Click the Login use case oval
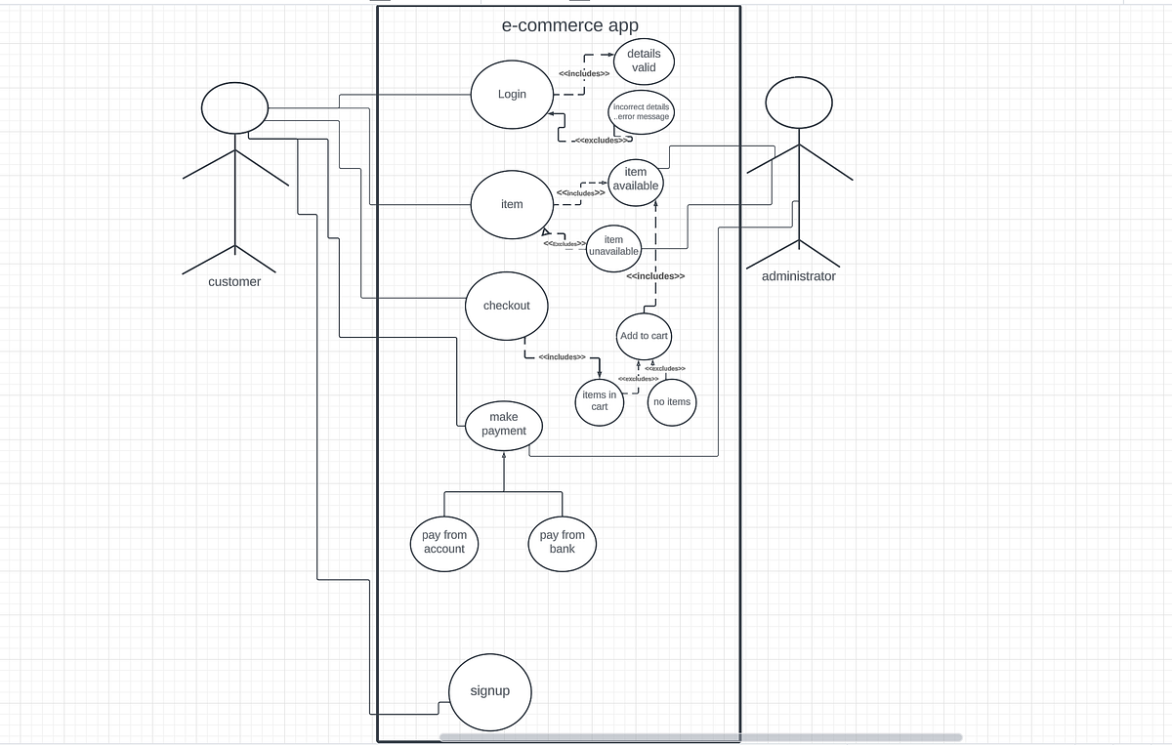(512, 95)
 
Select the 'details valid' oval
(643, 61)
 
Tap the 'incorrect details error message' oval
(641, 111)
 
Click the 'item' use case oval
(512, 204)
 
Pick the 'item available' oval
(636, 180)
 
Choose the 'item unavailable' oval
(613, 246)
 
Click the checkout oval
(507, 306)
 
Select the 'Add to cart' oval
(644, 336)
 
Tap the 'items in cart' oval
(600, 401)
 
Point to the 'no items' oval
(672, 402)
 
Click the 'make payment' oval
(504, 425)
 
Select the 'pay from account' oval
(444, 542)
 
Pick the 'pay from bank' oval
(563, 542)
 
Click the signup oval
(490, 691)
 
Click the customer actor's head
(234, 108)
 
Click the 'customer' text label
(234, 282)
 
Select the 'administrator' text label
(799, 276)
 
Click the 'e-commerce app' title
(571, 26)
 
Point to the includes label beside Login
(584, 74)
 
